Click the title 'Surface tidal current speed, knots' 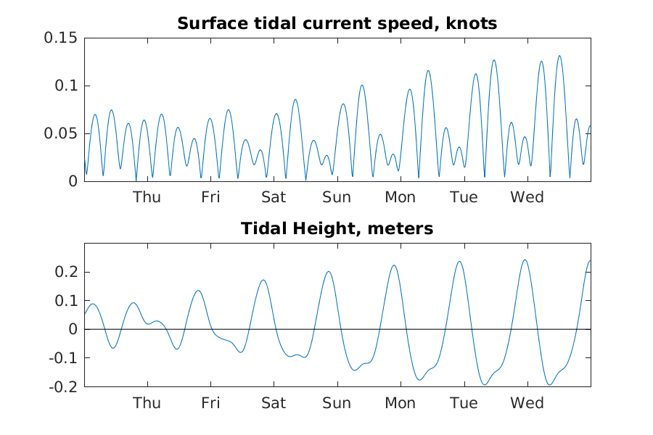337,24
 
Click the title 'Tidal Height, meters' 337,229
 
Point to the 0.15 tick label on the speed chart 61,38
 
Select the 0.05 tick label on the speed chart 61,133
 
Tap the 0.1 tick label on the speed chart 66,86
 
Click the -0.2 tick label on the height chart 63,386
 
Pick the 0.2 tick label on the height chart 66,272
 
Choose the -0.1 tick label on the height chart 63,358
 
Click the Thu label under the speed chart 147,197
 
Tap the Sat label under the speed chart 274,197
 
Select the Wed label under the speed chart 527,197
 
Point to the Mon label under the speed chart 401,197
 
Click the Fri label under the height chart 210,403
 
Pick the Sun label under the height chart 337,403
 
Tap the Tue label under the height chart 464,403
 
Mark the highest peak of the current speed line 559,56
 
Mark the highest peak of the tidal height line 525,260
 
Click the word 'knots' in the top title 471,24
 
